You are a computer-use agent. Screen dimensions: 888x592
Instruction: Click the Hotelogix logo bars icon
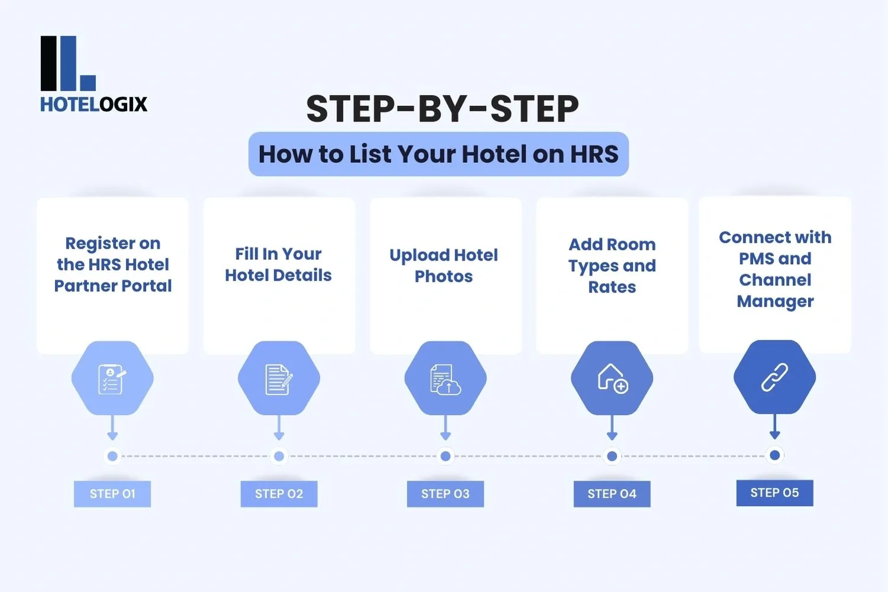pos(67,63)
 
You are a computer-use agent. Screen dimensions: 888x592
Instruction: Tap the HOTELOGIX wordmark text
pos(94,104)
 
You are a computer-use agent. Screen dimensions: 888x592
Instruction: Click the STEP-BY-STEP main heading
pos(442,109)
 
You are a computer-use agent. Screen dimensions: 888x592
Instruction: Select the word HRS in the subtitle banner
pos(594,155)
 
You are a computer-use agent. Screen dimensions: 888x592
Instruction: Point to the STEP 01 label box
pos(112,494)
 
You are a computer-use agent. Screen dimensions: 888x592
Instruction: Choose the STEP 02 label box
pos(279,494)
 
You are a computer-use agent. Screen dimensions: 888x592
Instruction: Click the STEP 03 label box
pos(445,494)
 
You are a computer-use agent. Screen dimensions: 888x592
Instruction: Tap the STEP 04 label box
pos(612,494)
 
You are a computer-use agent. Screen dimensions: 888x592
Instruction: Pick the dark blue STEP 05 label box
pos(774,493)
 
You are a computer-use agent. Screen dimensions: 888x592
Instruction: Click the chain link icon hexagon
pos(774,378)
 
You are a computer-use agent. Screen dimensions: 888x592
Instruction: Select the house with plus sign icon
pos(612,378)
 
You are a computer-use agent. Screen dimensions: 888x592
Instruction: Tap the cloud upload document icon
pos(445,379)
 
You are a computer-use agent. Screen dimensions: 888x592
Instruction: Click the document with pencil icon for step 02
pos(279,379)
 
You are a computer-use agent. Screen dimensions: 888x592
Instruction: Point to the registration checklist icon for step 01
pos(112,379)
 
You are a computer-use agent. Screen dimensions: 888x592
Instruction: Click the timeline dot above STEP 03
pos(445,456)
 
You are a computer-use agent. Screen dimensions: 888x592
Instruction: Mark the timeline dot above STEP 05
pos(774,455)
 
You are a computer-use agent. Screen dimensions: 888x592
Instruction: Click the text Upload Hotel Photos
pos(443,265)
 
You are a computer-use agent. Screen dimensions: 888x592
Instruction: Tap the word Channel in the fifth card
pos(775,279)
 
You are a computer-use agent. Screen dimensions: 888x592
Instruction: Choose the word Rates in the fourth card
pos(612,287)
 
